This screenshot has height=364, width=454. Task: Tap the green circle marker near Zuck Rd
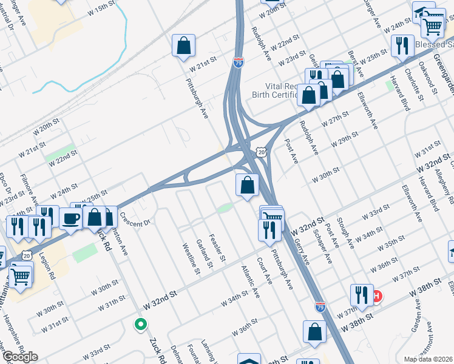click(141, 325)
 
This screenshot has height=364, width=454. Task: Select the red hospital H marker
click(377, 296)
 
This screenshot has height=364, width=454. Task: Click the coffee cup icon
click(71, 219)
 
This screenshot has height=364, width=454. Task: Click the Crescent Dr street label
click(135, 220)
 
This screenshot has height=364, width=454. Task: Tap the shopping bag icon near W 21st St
click(183, 46)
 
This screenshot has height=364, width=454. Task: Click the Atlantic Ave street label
click(250, 281)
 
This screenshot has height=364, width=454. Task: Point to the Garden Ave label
click(418, 317)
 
